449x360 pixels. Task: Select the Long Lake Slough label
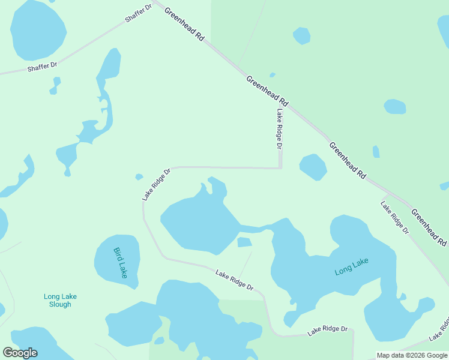60,300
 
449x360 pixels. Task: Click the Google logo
20,353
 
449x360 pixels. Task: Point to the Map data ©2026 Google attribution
412,355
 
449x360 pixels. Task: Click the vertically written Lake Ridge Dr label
279,129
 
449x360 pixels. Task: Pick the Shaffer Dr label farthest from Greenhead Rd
42,67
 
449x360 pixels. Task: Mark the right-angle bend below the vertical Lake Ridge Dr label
280,168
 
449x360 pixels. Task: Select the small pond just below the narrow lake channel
244,242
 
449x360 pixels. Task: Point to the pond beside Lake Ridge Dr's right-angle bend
313,167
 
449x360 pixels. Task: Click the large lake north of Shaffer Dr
37,30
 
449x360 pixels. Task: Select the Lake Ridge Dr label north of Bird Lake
156,184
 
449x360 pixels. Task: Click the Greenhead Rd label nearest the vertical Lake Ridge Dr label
267,91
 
